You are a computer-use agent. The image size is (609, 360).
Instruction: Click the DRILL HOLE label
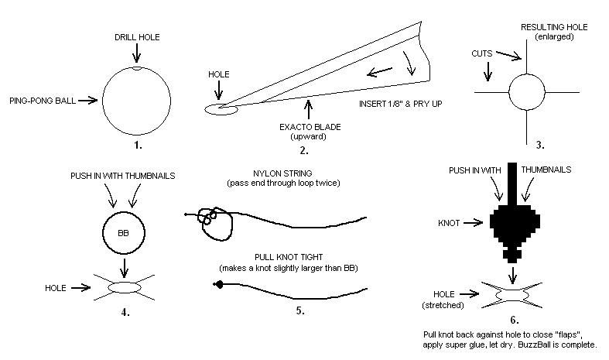[x=137, y=37]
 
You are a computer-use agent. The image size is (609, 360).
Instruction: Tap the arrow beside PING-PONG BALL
[x=87, y=101]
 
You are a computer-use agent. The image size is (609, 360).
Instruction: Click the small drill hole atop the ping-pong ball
[x=136, y=68]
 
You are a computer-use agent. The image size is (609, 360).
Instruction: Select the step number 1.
[x=138, y=146]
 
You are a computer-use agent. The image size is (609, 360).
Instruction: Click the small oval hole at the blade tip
[x=221, y=110]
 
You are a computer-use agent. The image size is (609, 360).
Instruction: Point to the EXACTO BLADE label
[x=310, y=127]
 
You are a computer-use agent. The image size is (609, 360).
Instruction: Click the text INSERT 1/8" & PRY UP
[x=400, y=104]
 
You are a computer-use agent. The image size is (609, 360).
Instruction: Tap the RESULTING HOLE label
[x=554, y=27]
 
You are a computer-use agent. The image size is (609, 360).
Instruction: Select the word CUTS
[x=481, y=53]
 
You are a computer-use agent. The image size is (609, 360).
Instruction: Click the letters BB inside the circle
[x=123, y=233]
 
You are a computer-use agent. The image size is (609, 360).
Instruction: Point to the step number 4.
[x=125, y=312]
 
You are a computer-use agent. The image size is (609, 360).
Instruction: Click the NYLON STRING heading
[x=282, y=173]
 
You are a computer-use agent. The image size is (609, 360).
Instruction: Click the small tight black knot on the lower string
[x=219, y=285]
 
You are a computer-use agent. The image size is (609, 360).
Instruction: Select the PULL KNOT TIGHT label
[x=289, y=257]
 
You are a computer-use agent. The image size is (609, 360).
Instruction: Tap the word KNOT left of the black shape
[x=449, y=223]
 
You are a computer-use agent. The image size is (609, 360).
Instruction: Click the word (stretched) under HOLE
[x=443, y=305]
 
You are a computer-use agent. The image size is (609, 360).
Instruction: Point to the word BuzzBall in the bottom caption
[x=533, y=345]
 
